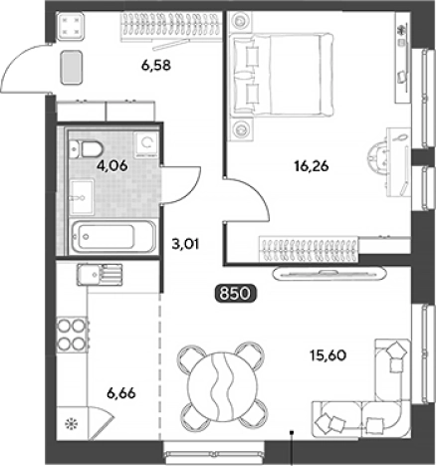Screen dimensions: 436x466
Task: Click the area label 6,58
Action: pyautogui.click(x=156, y=66)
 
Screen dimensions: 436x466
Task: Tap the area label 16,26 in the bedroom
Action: pyautogui.click(x=312, y=166)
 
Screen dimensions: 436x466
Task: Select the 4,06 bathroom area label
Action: pyautogui.click(x=111, y=165)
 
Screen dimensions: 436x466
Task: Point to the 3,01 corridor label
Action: pyautogui.click(x=185, y=245)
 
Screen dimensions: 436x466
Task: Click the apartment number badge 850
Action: pyautogui.click(x=235, y=294)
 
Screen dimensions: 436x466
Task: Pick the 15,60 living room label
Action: pyautogui.click(x=327, y=355)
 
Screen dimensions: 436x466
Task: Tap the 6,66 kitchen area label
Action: pyautogui.click(x=121, y=393)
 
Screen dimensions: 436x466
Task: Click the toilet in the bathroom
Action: pyautogui.click(x=86, y=149)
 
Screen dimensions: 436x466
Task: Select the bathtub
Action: pyautogui.click(x=112, y=237)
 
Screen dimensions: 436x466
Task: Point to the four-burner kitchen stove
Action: pyautogui.click(x=72, y=334)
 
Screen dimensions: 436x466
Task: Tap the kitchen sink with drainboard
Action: pyautogui.click(x=100, y=275)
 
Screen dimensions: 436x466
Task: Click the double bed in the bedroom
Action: pyautogui.click(x=282, y=74)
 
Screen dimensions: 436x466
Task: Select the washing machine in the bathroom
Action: pyautogui.click(x=145, y=144)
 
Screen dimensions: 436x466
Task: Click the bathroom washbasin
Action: pyautogui.click(x=82, y=196)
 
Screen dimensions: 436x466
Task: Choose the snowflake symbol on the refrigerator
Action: pyautogui.click(x=71, y=424)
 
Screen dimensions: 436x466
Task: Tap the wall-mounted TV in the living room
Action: pyautogui.click(x=329, y=274)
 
